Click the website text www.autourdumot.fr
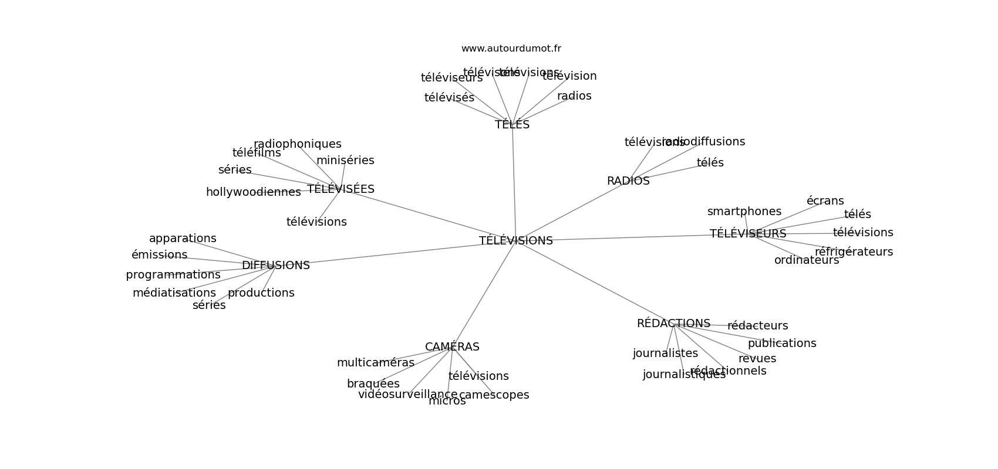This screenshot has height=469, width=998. coord(511,49)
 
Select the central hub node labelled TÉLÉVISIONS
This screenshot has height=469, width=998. coord(515,241)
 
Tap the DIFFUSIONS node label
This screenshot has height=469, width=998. coord(275,266)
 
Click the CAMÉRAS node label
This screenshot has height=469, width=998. coord(452,347)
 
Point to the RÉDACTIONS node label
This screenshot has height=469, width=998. coord(673,324)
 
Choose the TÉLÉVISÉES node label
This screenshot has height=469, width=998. coord(340,189)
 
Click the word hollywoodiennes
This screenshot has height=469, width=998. coord(253,192)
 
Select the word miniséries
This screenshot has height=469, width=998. coord(345,161)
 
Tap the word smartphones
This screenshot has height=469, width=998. coord(744,212)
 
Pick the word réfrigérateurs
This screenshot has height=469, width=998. coord(854,252)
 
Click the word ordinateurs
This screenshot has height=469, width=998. coord(806,260)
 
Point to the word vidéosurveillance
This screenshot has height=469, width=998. coord(407,395)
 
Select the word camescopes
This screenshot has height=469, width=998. coord(494,395)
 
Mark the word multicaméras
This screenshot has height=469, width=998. coord(375,363)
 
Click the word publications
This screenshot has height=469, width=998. coord(782,344)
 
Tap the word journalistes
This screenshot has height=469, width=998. coord(665,354)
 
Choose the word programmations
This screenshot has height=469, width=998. coord(173,275)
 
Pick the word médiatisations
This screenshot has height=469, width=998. coord(174,293)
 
